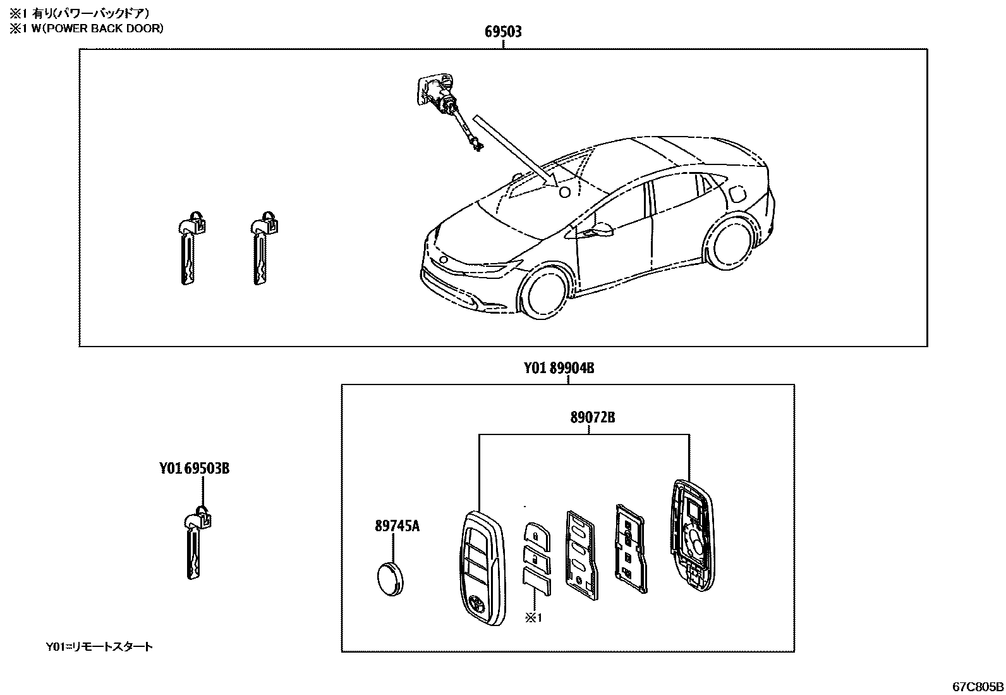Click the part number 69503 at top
click(503, 32)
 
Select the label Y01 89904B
click(559, 368)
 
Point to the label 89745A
click(397, 526)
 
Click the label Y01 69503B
click(194, 469)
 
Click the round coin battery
click(392, 579)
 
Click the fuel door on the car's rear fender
click(737, 194)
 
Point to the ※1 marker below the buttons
click(533, 618)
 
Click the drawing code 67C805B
click(978, 686)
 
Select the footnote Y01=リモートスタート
click(99, 647)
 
